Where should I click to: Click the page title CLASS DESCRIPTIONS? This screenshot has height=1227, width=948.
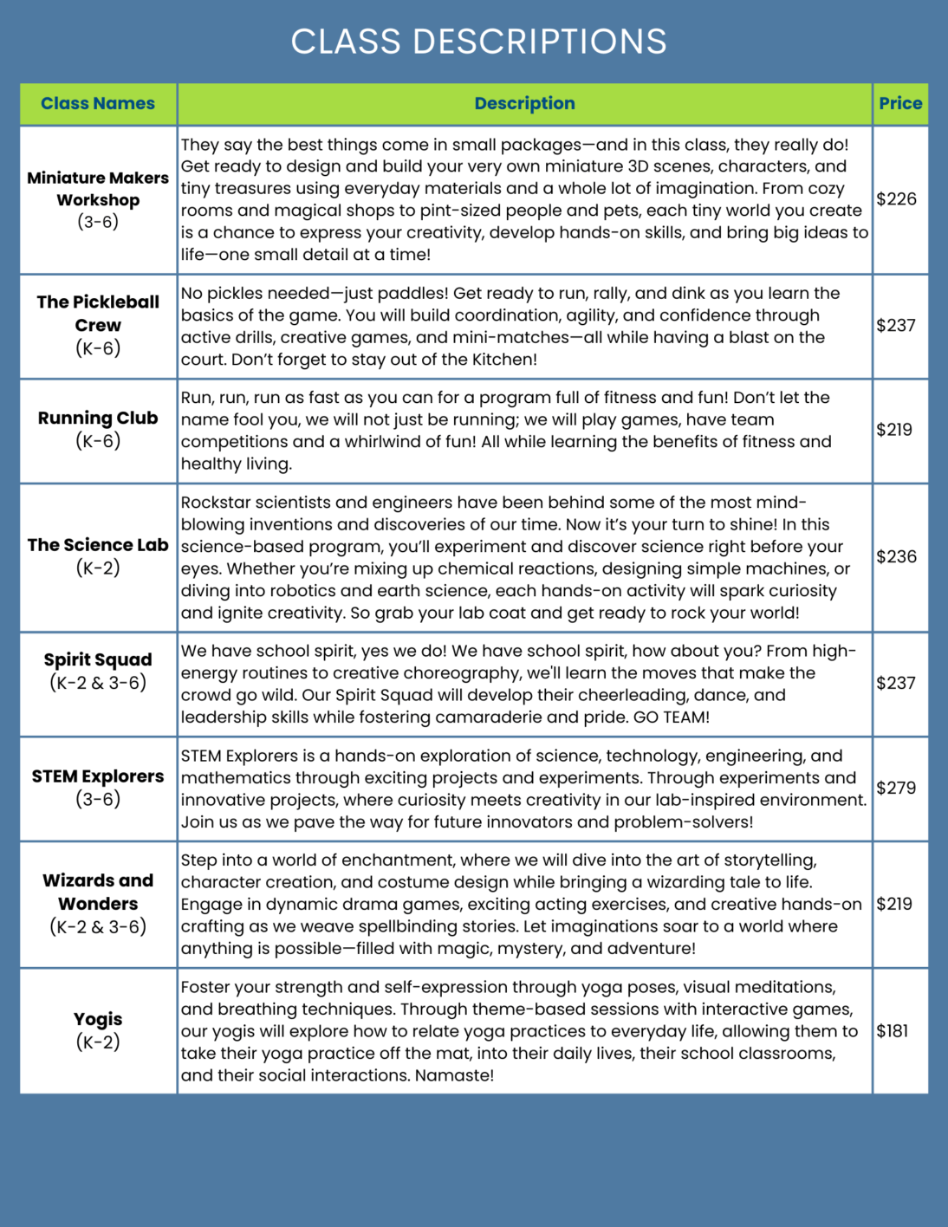point(478,42)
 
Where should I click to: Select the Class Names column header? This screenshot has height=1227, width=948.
point(98,103)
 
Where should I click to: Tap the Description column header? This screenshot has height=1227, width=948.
point(524,103)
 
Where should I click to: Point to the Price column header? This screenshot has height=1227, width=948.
point(900,103)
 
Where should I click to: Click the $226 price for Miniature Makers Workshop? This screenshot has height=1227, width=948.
point(896,199)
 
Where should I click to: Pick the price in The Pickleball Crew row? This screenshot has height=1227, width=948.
point(896,326)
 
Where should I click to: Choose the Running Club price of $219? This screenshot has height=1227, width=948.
point(894,430)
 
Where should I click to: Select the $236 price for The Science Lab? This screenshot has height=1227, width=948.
point(896,556)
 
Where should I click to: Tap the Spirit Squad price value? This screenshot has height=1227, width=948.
point(896,684)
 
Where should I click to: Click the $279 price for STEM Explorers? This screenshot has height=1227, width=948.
point(896,788)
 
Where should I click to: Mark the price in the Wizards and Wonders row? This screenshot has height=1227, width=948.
point(894,904)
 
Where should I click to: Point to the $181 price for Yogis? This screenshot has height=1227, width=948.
point(893,1031)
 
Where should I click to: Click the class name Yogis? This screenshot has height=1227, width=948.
point(98,1019)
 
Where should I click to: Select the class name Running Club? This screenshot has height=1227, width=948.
point(98,418)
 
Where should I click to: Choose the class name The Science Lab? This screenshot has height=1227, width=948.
point(98,545)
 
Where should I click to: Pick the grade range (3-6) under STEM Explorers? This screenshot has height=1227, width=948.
point(98,799)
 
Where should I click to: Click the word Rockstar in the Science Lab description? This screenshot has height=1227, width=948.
point(212,503)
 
